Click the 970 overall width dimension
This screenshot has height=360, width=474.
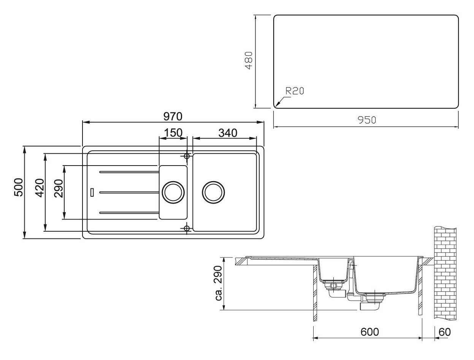click(x=173, y=116)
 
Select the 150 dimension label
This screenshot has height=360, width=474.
click(x=173, y=133)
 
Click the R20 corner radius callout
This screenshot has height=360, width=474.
click(x=295, y=91)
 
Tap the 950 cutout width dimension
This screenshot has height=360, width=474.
click(x=366, y=120)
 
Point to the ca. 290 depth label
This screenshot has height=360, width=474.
click(x=219, y=283)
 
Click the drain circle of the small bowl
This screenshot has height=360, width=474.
click(x=173, y=192)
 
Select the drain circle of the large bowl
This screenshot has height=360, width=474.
click(x=214, y=192)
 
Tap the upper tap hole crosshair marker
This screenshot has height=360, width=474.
click(x=187, y=156)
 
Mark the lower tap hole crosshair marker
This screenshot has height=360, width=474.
click(x=187, y=228)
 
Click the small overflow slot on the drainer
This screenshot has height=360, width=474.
click(x=92, y=192)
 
